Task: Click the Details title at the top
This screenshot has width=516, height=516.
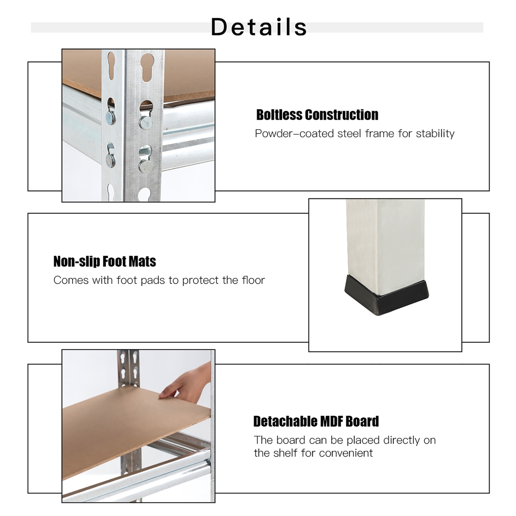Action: (259, 27)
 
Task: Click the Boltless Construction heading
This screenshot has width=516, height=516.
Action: (317, 115)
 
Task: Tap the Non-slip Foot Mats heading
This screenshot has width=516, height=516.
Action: (105, 261)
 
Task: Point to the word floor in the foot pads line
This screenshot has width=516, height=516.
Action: (253, 280)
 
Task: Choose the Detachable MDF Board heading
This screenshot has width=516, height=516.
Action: (316, 421)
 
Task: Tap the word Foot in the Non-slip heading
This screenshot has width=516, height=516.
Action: (116, 261)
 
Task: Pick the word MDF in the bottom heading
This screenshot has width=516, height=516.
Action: (330, 421)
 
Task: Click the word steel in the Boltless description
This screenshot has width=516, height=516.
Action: (350, 133)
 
